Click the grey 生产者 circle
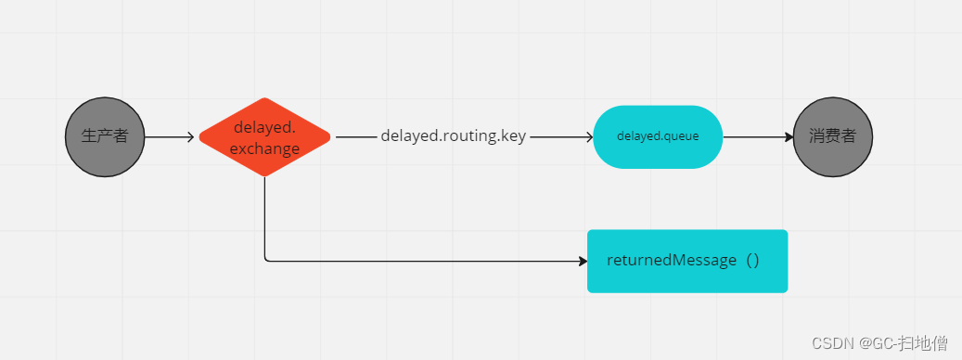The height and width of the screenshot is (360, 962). pos(105,136)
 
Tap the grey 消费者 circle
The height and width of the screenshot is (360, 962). pos(833,136)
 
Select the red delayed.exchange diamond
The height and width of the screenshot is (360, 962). pos(264,136)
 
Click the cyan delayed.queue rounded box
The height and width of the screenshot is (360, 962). pos(658,136)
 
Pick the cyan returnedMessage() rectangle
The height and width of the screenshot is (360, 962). pos(687,261)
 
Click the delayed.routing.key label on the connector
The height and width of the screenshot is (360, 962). pos(453,136)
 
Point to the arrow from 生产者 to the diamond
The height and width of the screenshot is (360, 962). pos(169,137)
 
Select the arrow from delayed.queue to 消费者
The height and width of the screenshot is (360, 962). pos(756,137)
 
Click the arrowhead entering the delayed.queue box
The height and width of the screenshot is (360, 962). pos(588,137)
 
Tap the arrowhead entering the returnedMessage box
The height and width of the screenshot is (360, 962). pos(583,261)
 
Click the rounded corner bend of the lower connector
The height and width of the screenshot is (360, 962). pos(266,259)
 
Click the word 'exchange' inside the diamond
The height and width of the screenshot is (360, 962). pos(264,148)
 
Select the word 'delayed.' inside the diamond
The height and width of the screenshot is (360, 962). pos(264,127)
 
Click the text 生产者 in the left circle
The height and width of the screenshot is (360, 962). pos(105,136)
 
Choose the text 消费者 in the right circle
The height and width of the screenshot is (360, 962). pos(833,136)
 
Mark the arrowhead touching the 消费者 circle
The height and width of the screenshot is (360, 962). pos(789,137)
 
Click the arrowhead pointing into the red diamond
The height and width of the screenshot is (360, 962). pos(190,137)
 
